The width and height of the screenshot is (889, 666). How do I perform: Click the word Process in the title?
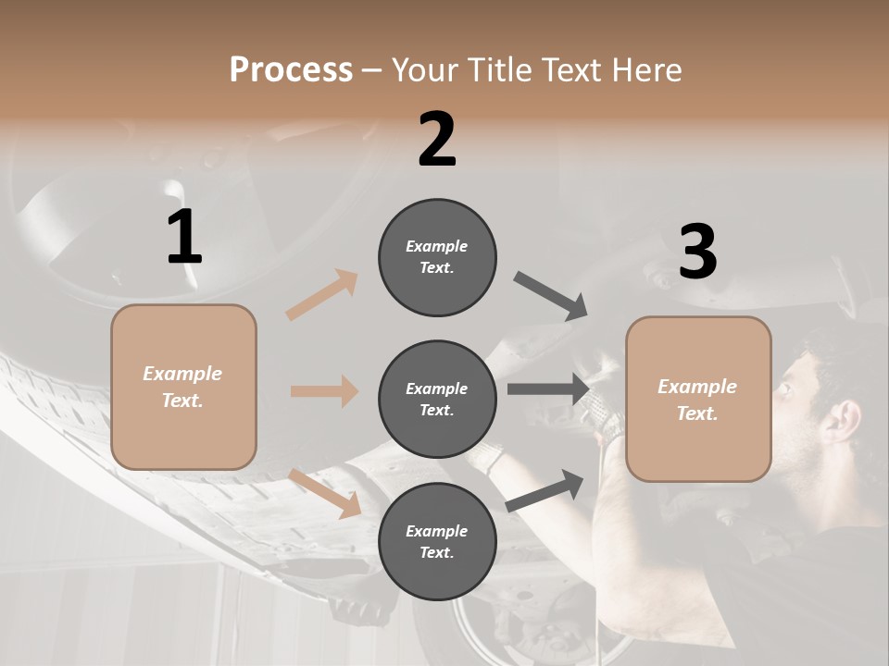pyautogui.click(x=291, y=69)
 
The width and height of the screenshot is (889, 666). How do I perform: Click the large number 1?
pyautogui.click(x=184, y=237)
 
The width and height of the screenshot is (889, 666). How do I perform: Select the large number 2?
pyautogui.click(x=437, y=140)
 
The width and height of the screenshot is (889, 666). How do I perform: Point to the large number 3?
pyautogui.click(x=697, y=252)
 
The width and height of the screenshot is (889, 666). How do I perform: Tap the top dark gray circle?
pyautogui.click(x=437, y=256)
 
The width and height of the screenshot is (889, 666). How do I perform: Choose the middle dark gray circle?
pyautogui.click(x=437, y=399)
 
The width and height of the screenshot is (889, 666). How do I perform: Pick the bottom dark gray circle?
pyautogui.click(x=437, y=541)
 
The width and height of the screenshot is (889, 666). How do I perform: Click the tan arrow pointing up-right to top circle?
pyautogui.click(x=322, y=295)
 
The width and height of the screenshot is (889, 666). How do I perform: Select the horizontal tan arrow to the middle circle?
pyautogui.click(x=324, y=391)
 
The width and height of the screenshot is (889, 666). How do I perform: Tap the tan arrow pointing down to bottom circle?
pyautogui.click(x=326, y=492)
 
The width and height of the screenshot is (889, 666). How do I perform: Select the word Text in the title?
pyautogui.click(x=570, y=69)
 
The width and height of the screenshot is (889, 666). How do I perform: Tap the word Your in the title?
pyautogui.click(x=422, y=69)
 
